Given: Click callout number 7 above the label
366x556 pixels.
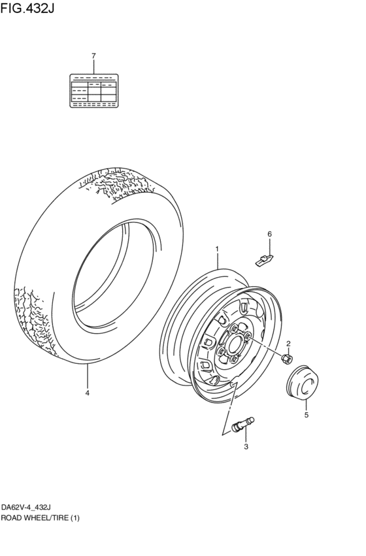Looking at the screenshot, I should point(93,56).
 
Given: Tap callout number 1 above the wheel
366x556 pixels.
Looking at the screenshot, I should point(218,249).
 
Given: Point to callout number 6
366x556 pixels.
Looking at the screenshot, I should point(269,234).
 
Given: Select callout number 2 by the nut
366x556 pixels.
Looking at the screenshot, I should point(288,343).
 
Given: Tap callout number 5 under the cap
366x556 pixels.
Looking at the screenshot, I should point(305,414).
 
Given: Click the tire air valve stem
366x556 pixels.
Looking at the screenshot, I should point(241,425).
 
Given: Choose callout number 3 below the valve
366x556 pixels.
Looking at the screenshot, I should point(246,447).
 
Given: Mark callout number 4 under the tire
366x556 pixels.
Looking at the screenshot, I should point(87,393).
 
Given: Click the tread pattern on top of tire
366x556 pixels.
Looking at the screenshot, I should point(118,183).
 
